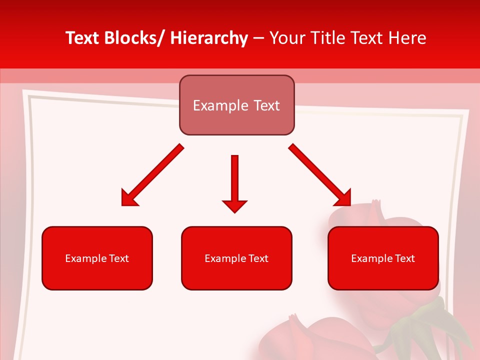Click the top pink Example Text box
point(236,105)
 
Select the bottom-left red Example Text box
point(97,258)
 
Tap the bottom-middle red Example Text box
point(236,258)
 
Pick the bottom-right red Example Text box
point(383,258)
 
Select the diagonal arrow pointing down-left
point(152,175)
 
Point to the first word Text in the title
point(82,38)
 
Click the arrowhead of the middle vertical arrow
point(234,205)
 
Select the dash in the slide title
point(258,38)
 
